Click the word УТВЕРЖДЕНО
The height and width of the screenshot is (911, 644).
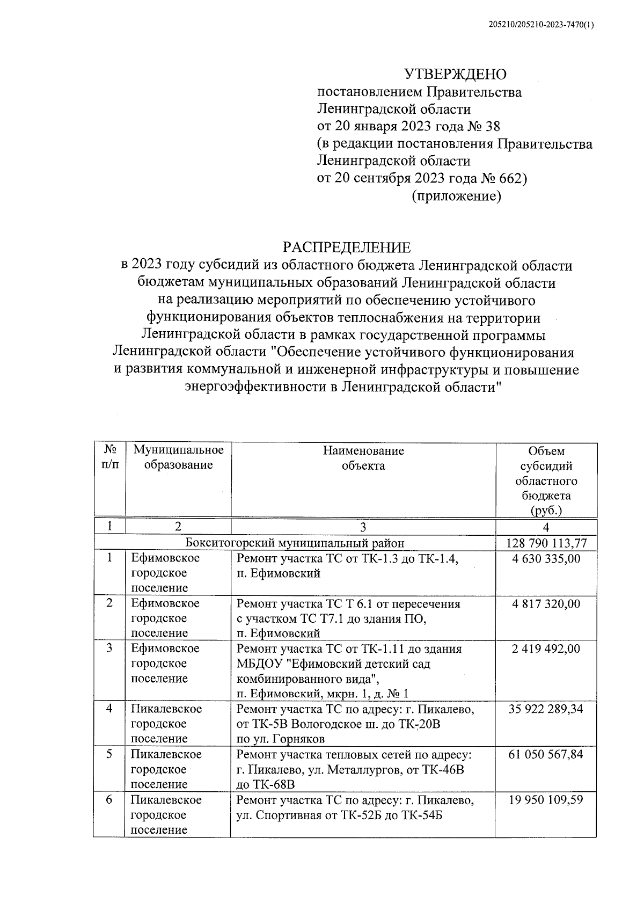455,74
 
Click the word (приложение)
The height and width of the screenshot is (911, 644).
456,196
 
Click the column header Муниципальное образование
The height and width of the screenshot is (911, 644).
178,457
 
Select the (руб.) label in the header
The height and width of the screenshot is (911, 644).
546,509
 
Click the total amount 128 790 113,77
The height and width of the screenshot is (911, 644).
546,543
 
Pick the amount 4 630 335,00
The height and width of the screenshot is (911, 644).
546,558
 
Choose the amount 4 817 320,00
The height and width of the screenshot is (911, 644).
546,603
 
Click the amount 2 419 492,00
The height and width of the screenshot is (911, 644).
546,648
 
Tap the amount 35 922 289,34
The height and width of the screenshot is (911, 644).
546,709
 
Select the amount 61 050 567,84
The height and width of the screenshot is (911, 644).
546,754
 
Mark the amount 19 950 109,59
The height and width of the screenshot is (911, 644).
546,800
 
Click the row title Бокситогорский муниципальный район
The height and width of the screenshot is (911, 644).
295,543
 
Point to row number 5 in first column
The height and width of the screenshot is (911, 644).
109,754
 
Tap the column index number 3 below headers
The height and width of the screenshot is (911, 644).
363,527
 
